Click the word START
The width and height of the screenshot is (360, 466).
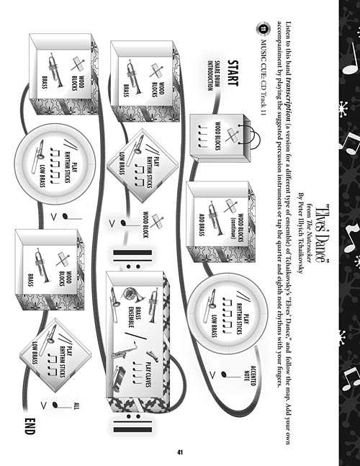coord(233,73)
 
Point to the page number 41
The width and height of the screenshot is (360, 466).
coord(179,452)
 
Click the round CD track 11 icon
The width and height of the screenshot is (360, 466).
coord(261,30)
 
